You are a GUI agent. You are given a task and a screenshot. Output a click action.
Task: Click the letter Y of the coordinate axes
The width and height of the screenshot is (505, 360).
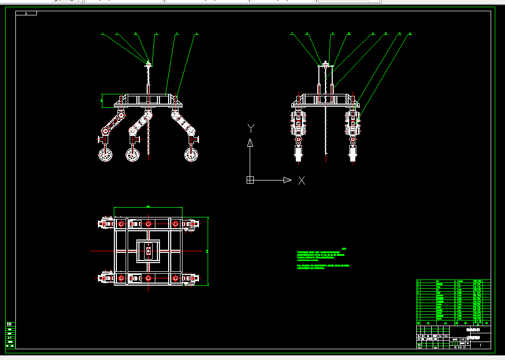pyautogui.click(x=251, y=127)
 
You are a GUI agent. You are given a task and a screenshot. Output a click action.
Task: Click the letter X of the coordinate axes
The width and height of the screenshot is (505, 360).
pyautogui.click(x=301, y=180)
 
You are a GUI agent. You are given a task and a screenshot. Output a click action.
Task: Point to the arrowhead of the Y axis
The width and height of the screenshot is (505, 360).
pyautogui.click(x=250, y=142)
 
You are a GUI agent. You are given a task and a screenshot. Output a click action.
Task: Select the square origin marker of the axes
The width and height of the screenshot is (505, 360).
pyautogui.click(x=250, y=180)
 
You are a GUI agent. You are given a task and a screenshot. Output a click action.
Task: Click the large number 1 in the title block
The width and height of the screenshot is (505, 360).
pyautogui.click(x=480, y=345)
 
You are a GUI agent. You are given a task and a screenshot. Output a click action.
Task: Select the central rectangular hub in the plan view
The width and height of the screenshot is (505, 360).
pyautogui.click(x=148, y=251)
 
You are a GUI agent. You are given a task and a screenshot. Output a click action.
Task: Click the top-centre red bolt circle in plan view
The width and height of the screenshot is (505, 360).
pyautogui.click(x=148, y=224)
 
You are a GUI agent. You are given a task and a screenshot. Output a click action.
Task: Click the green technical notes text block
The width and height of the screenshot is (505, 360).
pyautogui.click(x=323, y=259)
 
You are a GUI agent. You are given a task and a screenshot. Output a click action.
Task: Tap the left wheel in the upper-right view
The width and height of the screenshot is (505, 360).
pyautogui.click(x=298, y=153)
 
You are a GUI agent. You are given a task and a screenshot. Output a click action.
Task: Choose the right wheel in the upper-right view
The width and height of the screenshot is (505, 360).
pyautogui.click(x=353, y=153)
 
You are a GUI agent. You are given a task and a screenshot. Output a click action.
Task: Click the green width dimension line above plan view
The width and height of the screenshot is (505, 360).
pyautogui.click(x=148, y=207)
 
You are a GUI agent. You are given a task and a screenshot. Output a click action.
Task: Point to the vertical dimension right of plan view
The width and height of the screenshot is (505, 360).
pyautogui.click(x=208, y=251)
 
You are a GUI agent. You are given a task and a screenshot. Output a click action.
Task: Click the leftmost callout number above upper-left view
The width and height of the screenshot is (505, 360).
pyautogui.click(x=103, y=34)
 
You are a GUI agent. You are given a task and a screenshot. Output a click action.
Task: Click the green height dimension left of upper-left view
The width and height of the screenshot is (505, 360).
pyautogui.click(x=102, y=101)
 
